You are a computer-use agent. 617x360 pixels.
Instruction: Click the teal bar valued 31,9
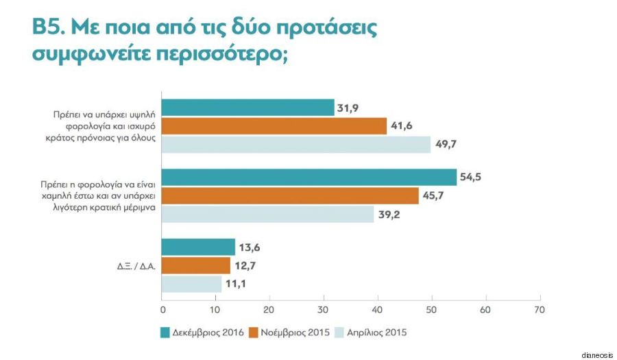coord(247,108)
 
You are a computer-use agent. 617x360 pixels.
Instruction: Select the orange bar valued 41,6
coord(274,126)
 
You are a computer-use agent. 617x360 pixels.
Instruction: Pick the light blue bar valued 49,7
coord(296,144)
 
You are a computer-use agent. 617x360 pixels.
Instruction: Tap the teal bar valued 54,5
coord(309,177)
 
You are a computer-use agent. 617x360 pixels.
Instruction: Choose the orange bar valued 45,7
coord(290,195)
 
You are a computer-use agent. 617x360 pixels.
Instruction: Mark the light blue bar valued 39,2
coord(268,214)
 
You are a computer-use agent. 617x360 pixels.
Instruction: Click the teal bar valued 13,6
coord(198,247)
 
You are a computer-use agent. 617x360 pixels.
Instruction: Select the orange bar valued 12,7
coord(196,265)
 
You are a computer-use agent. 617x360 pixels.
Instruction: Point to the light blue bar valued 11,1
coord(192,283)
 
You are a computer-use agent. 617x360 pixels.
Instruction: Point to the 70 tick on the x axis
coord(540,309)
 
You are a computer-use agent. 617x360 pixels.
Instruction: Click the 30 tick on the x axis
coord(324,309)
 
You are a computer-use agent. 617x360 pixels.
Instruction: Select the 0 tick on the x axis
coord(162,309)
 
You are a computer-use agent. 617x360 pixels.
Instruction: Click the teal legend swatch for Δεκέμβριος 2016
coord(166,333)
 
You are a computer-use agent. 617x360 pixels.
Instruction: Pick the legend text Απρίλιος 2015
coord(377,333)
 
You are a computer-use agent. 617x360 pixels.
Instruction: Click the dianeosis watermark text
coord(595,354)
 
